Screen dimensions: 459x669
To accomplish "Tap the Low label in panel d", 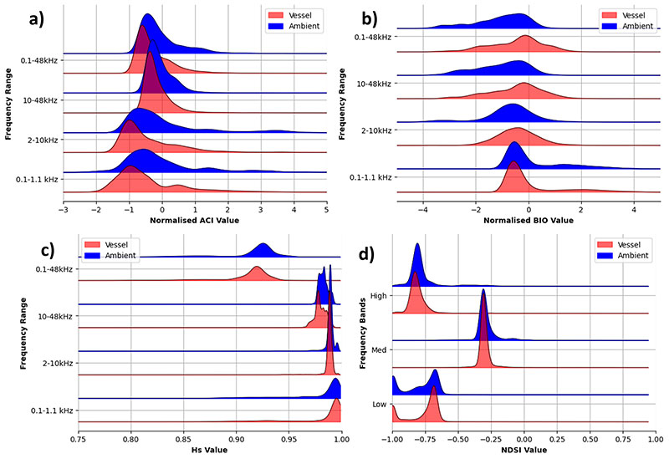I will pos(380,405).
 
